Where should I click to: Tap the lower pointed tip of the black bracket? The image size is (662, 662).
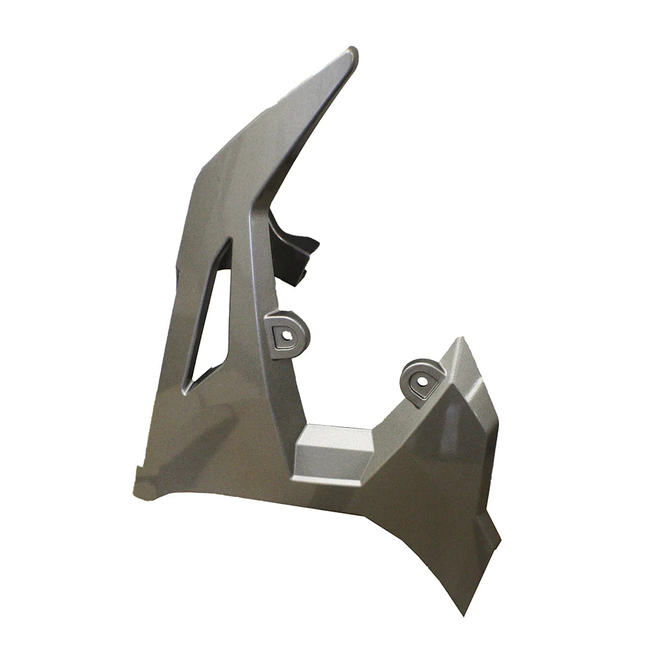point(295,281)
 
